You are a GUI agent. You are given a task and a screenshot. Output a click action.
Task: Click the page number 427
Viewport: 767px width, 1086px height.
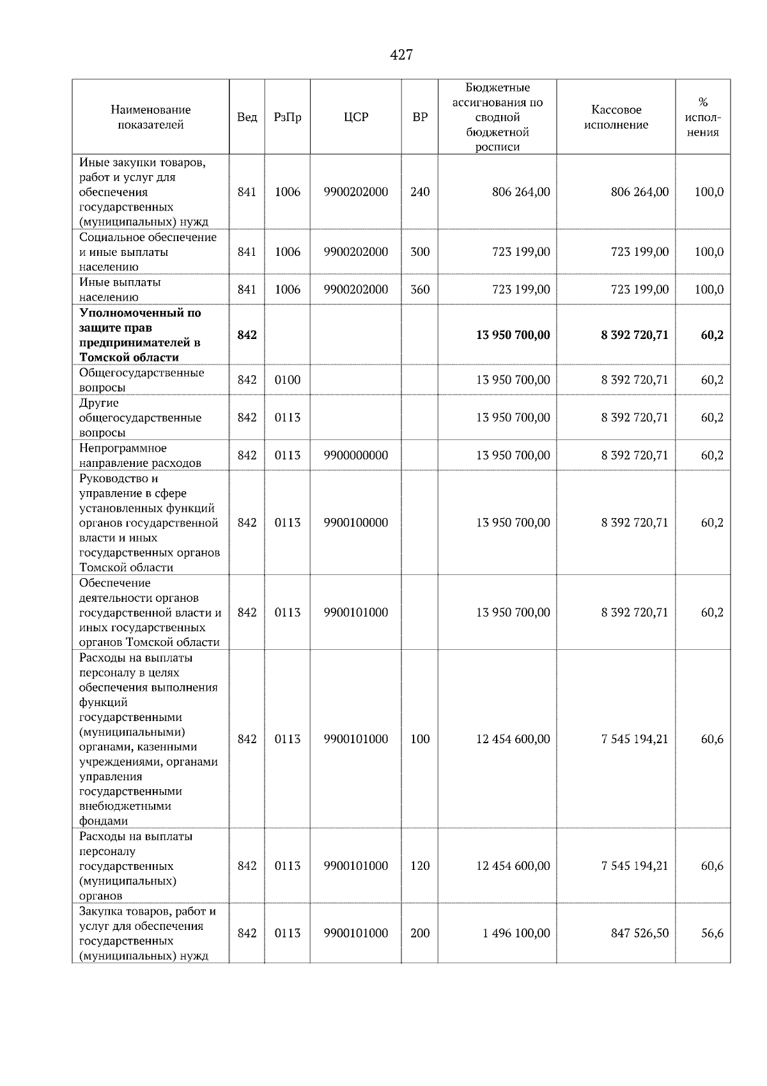point(401,55)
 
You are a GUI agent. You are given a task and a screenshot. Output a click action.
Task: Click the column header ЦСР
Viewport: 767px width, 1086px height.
point(355,117)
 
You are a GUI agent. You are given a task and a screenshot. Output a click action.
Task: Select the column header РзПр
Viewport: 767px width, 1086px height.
point(287,117)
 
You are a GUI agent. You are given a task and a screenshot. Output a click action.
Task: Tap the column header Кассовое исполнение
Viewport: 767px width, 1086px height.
point(616,117)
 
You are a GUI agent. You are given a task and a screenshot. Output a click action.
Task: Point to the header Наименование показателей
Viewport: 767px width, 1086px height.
point(150,117)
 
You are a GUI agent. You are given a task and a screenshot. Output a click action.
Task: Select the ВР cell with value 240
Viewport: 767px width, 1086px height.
point(420,192)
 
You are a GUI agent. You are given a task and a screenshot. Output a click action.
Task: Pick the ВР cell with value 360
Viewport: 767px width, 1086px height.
point(420,290)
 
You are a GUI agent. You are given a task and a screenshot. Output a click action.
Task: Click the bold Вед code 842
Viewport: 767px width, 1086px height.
point(247,335)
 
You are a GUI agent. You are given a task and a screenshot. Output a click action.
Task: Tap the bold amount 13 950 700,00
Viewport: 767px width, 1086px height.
point(513,335)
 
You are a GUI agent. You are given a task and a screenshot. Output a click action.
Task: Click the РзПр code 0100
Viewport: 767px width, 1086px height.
point(287,380)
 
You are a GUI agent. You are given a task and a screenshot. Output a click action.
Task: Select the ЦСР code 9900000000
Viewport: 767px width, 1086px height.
point(355,455)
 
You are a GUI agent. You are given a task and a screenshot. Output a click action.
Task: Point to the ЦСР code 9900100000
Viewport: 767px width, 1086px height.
point(355,523)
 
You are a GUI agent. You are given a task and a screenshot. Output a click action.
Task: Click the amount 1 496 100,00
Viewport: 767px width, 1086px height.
point(516,933)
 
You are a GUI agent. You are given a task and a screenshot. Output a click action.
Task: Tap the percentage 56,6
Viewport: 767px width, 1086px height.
point(712,933)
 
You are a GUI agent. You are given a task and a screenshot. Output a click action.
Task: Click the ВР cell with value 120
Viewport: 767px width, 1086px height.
point(420,866)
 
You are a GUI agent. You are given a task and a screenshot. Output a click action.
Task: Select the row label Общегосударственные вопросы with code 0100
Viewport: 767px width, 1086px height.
point(141,380)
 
